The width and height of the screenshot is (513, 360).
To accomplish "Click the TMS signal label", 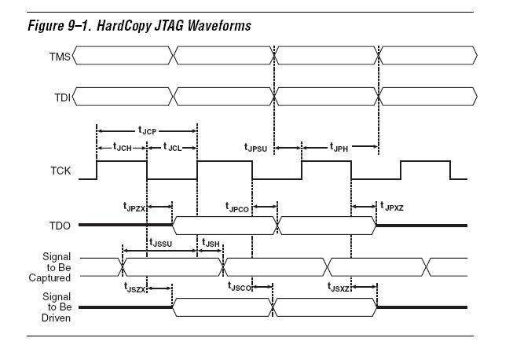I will [60, 55].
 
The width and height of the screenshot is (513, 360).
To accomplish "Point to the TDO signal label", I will [60, 225].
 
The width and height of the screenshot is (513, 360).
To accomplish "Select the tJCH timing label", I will [123, 146].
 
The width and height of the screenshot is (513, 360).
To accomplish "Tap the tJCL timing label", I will [171, 146].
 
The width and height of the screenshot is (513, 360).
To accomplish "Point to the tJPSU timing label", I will [258, 146].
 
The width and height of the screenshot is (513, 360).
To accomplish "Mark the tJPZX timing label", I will [134, 207].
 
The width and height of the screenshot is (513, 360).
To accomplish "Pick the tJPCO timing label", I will [237, 207].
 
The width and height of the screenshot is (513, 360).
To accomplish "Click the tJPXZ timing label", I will [394, 207].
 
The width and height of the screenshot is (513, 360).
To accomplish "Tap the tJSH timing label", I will [211, 244].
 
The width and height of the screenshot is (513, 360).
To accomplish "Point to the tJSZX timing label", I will [134, 288].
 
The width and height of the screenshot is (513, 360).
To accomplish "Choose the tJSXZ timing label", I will [339, 288].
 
